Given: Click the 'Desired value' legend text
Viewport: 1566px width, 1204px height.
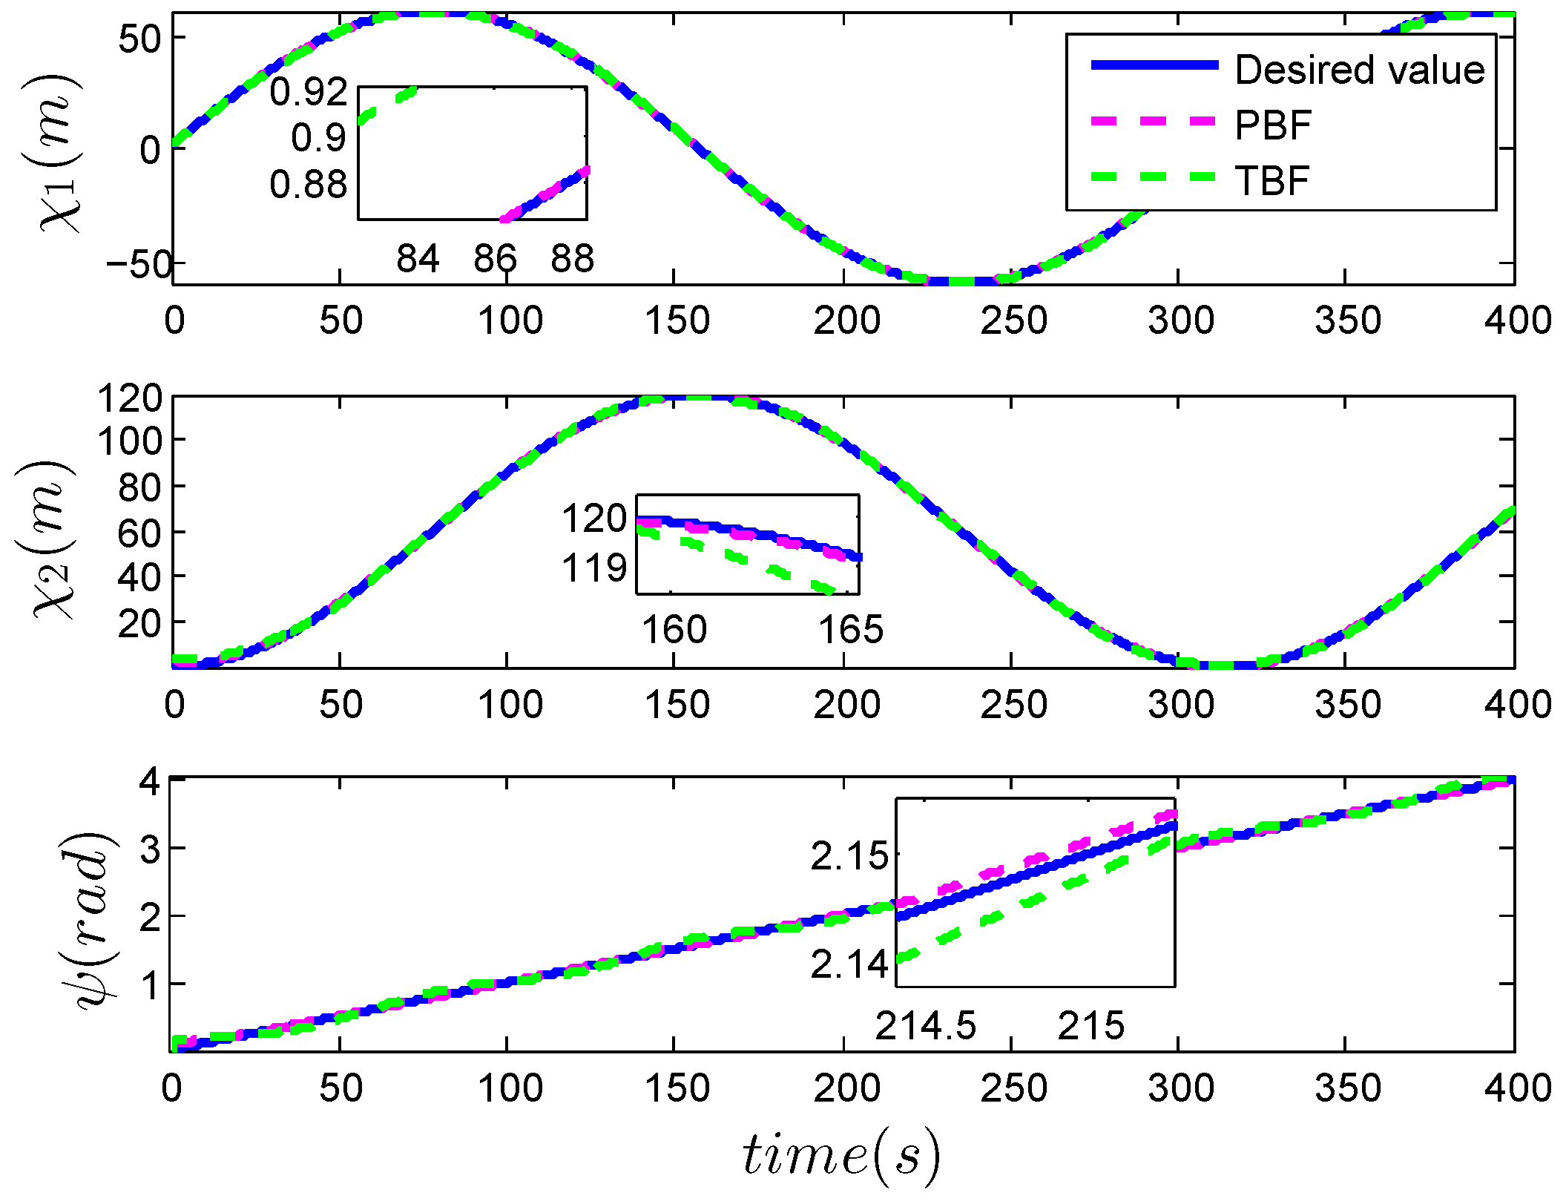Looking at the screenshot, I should (1359, 70).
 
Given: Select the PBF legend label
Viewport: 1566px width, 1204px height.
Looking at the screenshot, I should (1272, 125).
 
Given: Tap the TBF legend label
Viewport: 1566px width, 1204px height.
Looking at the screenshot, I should (1271, 180).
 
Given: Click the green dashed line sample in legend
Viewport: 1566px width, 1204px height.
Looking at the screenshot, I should (1154, 177).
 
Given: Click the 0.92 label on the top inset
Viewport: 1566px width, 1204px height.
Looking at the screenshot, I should (308, 91).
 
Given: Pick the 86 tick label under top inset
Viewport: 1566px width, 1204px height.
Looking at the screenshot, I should (495, 259).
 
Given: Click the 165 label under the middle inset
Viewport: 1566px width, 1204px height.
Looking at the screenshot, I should (850, 630).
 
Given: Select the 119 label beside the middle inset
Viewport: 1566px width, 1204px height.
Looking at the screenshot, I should (594, 568).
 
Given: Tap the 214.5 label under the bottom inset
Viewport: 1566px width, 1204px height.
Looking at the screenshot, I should (925, 1027).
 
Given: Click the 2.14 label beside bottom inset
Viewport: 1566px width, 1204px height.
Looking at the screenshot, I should (849, 964).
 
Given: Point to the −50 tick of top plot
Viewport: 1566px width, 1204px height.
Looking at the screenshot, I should (139, 264).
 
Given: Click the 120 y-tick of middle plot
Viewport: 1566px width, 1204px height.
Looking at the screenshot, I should (129, 398).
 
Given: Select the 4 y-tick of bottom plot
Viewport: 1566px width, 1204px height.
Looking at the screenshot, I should (151, 782).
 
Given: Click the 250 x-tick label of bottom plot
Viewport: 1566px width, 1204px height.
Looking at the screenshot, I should (1013, 1088).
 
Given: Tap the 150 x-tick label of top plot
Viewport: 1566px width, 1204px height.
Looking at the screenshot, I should (677, 320).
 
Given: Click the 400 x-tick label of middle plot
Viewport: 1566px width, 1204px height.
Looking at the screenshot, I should (1517, 704).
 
